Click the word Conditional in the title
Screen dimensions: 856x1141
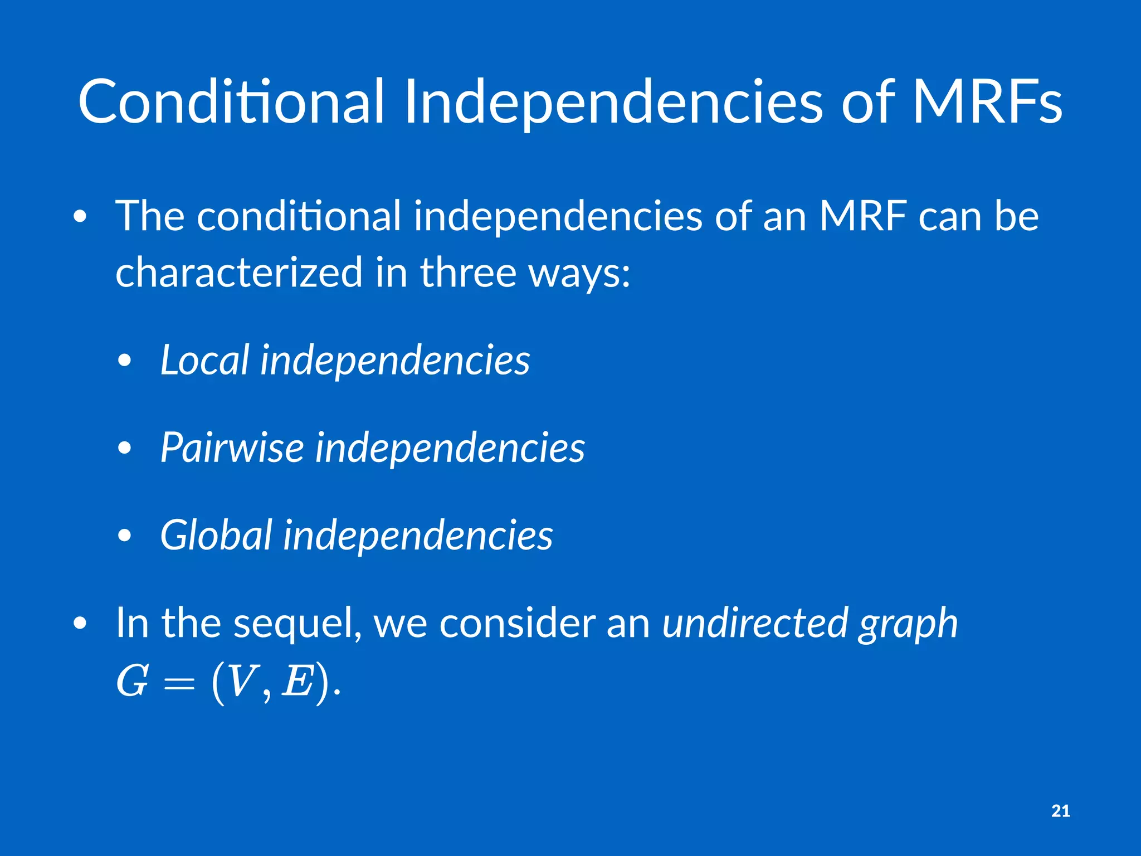click(x=231, y=103)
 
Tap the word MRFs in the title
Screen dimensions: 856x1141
click(x=987, y=103)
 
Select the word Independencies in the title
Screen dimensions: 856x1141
click(x=613, y=103)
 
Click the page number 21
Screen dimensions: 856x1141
click(x=1060, y=811)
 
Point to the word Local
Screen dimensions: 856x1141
click(x=204, y=360)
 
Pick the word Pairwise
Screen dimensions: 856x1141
click(x=232, y=448)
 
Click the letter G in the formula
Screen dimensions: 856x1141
click(x=133, y=682)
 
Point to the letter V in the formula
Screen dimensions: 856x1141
click(x=241, y=682)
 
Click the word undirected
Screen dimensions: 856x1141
click(x=754, y=623)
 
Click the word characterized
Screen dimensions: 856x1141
click(x=240, y=273)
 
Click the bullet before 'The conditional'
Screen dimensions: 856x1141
click(x=80, y=217)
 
